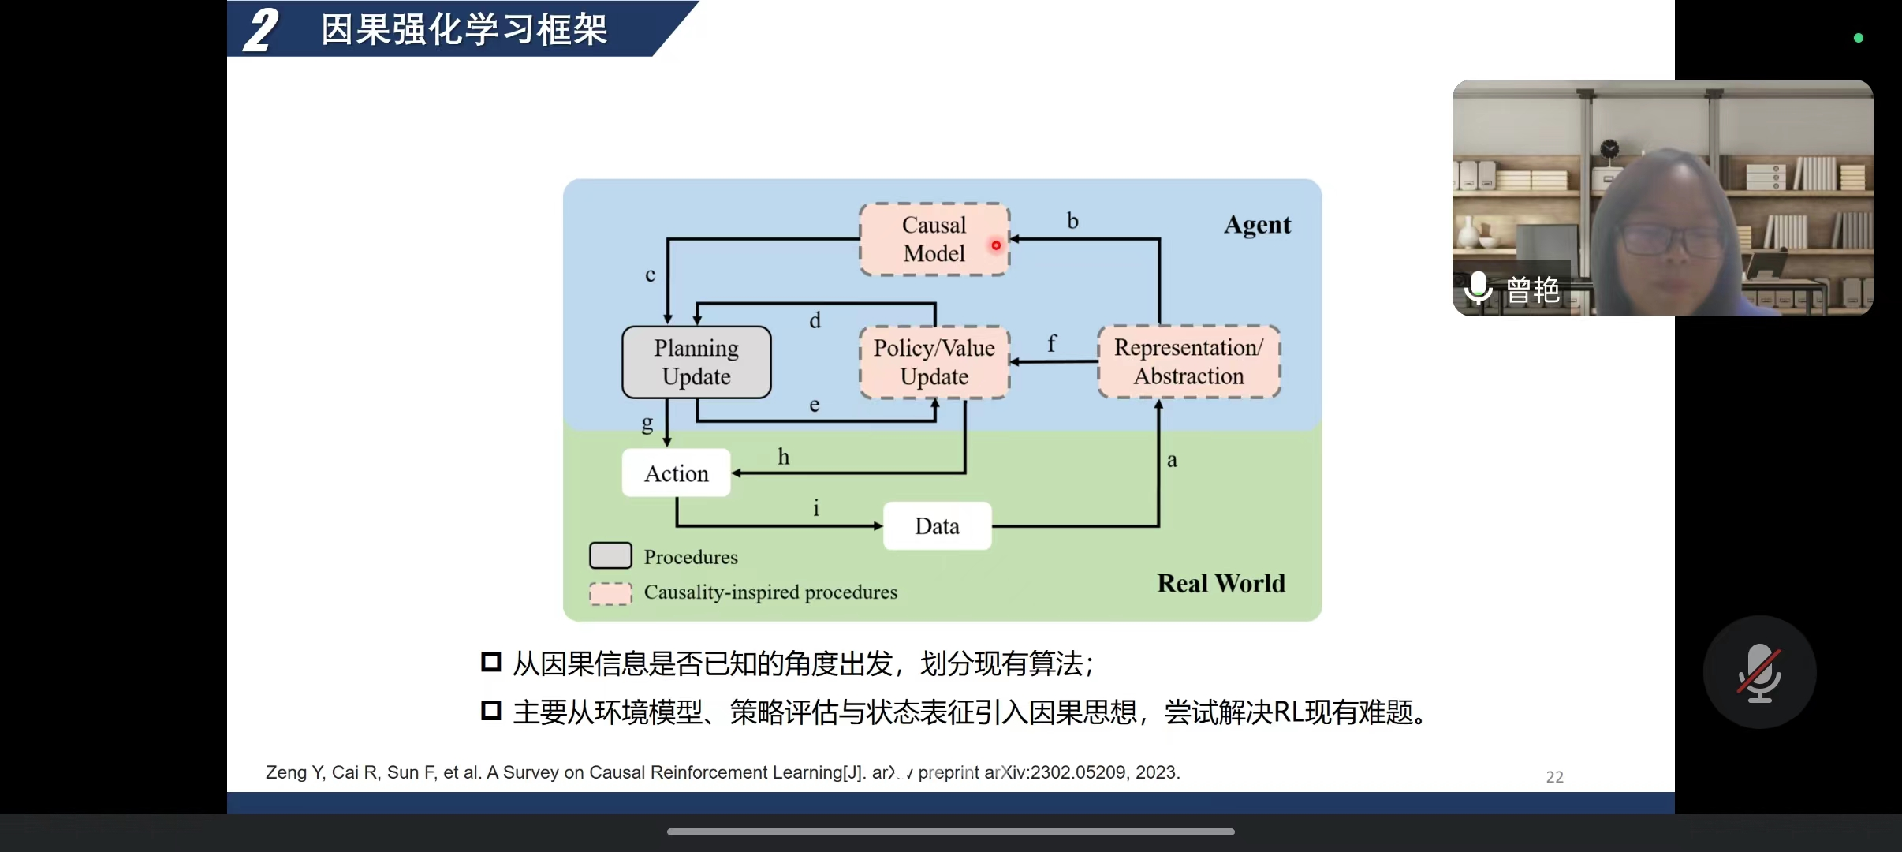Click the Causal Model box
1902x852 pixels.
[934, 239]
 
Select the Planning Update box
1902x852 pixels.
[696, 362]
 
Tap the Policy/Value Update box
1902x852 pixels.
[934, 362]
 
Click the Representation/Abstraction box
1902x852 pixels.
[1188, 361]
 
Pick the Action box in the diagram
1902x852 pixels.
[676, 473]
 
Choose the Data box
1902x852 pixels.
[937, 526]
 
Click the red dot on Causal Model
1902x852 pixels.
[996, 245]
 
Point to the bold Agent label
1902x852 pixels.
[1257, 225]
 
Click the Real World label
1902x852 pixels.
[1221, 584]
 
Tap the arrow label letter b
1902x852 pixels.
[1072, 221]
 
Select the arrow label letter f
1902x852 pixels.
[1051, 343]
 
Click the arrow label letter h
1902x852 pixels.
[783, 457]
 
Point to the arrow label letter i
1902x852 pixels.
[816, 508]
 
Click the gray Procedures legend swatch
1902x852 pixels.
[610, 555]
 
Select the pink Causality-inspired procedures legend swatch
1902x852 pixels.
[610, 593]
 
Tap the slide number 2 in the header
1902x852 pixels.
[261, 30]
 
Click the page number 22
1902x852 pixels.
[1554, 777]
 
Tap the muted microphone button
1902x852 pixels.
[1759, 672]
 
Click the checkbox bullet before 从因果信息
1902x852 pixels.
[491, 662]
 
